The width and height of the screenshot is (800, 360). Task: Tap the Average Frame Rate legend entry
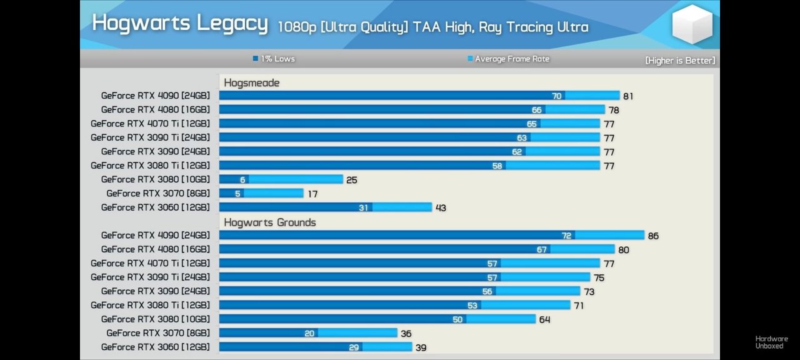(x=509, y=59)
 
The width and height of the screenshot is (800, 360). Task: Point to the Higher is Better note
(x=680, y=61)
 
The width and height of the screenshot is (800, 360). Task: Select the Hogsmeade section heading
(x=251, y=82)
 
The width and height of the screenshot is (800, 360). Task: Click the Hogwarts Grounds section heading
(x=269, y=222)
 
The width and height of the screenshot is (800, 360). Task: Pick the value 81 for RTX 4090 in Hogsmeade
(x=628, y=96)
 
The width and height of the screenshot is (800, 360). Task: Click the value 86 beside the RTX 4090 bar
(x=653, y=236)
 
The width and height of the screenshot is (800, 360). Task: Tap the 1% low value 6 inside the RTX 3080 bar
(x=242, y=180)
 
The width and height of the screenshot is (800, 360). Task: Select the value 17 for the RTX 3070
(x=312, y=194)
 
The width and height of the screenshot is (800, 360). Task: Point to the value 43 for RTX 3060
(x=441, y=208)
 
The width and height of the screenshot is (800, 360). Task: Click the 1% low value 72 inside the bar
(x=566, y=236)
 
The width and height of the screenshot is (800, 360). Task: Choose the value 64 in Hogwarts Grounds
(x=544, y=319)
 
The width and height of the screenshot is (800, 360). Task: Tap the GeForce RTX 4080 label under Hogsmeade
(x=156, y=109)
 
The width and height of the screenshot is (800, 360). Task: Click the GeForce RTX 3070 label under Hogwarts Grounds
(x=158, y=333)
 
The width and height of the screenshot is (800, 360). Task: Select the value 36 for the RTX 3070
(x=406, y=334)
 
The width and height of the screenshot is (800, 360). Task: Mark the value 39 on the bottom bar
(x=421, y=347)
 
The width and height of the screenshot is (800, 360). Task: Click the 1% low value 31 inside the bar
(x=363, y=207)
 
